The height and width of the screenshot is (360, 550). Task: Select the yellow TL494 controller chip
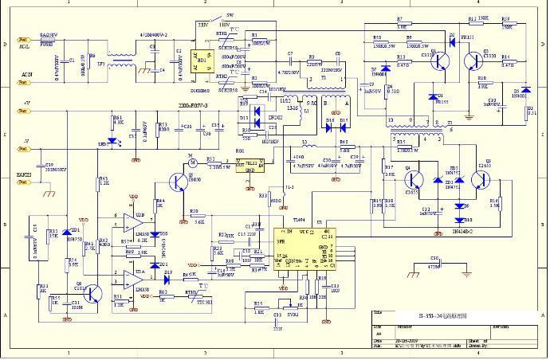(303, 248)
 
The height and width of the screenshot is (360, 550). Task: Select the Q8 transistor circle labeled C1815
(94, 293)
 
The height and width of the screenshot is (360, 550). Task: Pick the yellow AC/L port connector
(23, 39)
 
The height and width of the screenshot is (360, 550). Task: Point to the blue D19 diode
(168, 279)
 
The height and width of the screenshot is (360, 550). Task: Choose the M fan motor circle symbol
(191, 163)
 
